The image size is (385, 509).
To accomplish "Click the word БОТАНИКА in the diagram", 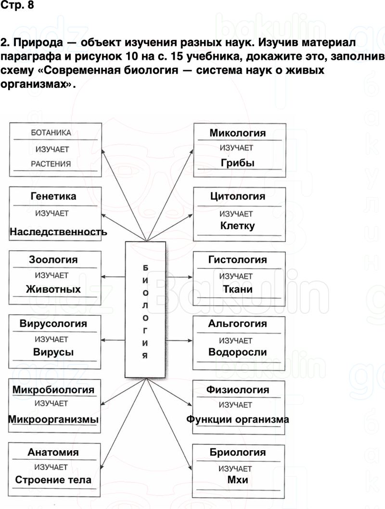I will coord(51,133).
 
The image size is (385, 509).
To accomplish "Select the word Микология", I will coord(237,133).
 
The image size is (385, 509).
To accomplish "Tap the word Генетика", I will coord(53,197).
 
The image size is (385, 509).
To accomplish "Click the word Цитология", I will coord(237,196).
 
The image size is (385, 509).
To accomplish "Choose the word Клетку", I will coord(237,226).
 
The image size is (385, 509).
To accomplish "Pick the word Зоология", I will coord(53,260).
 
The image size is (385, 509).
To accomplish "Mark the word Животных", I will coord(53,289).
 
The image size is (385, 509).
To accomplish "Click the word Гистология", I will coord(237,260).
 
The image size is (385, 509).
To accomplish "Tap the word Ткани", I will coord(237,289).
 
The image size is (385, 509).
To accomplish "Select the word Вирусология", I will coord(53,323).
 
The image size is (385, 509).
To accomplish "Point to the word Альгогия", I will coord(237,323).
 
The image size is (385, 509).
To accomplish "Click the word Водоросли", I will coord(237,352).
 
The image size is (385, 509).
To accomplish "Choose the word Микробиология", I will coord(53,389).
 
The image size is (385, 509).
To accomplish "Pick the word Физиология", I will coord(237,389).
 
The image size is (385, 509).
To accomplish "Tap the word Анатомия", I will coord(53,453).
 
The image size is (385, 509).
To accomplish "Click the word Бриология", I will coord(237,453).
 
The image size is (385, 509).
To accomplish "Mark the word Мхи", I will coord(237,481).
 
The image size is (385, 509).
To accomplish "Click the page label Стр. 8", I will coord(17,7).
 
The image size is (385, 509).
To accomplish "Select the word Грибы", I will coord(237,163).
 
